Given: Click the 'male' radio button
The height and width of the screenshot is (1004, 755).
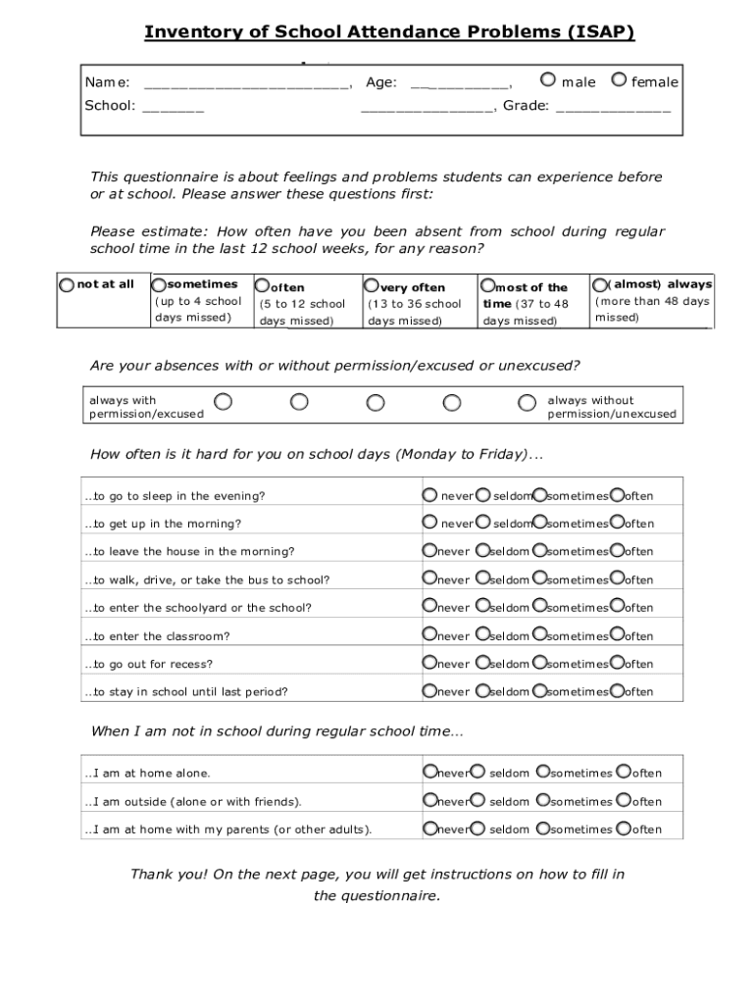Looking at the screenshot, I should click(x=547, y=80).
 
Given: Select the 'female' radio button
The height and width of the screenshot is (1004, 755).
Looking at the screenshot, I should click(x=619, y=80).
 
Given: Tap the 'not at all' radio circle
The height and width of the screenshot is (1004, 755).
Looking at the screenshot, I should click(x=66, y=284).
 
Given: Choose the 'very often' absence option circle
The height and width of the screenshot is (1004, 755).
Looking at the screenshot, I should click(x=372, y=286).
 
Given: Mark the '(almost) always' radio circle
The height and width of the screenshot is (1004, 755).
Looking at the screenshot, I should click(x=600, y=283).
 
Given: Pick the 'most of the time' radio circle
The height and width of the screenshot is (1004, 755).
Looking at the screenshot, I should click(x=487, y=286).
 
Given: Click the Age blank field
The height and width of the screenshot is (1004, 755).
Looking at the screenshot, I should click(x=460, y=83).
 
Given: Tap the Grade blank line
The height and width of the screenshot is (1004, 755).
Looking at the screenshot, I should click(x=613, y=107).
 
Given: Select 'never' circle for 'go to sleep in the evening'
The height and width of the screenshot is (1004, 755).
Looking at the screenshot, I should click(x=430, y=494).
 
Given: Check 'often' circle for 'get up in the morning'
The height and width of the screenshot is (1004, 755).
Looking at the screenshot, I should click(x=617, y=522).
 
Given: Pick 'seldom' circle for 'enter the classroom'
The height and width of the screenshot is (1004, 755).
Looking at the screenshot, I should click(x=482, y=634).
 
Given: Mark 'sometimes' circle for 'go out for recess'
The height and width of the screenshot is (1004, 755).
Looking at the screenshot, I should click(x=539, y=662).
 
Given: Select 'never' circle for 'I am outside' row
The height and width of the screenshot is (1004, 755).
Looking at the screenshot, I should click(x=430, y=800).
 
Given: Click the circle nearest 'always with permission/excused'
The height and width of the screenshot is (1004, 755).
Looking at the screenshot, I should click(x=224, y=402).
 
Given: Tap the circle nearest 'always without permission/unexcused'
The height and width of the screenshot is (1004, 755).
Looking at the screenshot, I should click(x=528, y=402).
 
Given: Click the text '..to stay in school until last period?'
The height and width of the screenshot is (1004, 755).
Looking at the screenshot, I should click(x=186, y=692).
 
